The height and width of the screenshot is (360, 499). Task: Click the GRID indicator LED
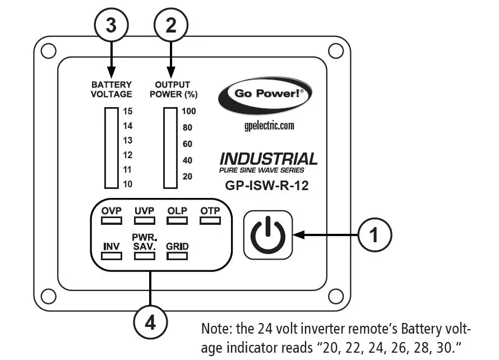[x=177, y=256]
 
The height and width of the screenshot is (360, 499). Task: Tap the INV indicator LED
[x=112, y=256]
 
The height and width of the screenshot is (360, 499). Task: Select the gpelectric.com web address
[x=265, y=126]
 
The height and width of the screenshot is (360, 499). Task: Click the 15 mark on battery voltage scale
[x=128, y=111]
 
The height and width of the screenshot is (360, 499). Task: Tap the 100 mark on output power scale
[x=188, y=111]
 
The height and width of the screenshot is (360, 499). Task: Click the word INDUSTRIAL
[x=268, y=159]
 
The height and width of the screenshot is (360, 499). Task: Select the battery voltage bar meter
[x=110, y=148]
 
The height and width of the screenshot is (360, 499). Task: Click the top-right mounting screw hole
[x=335, y=51]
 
